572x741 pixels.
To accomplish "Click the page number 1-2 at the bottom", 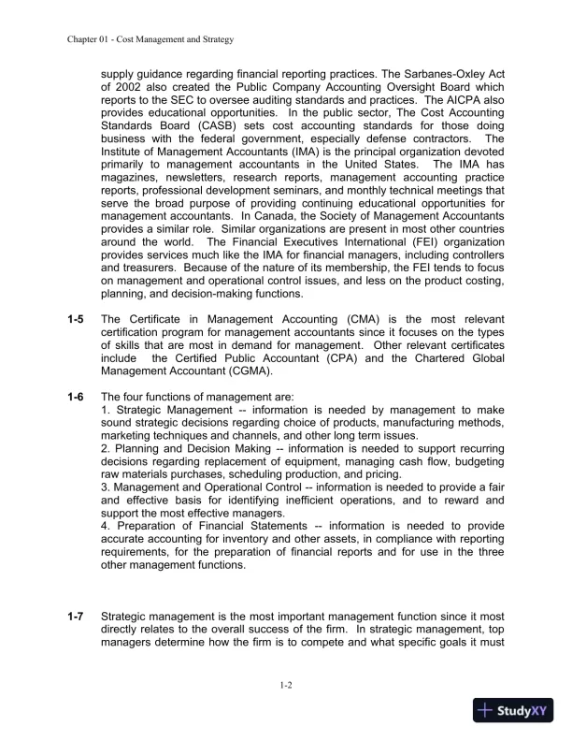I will coord(286,686).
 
